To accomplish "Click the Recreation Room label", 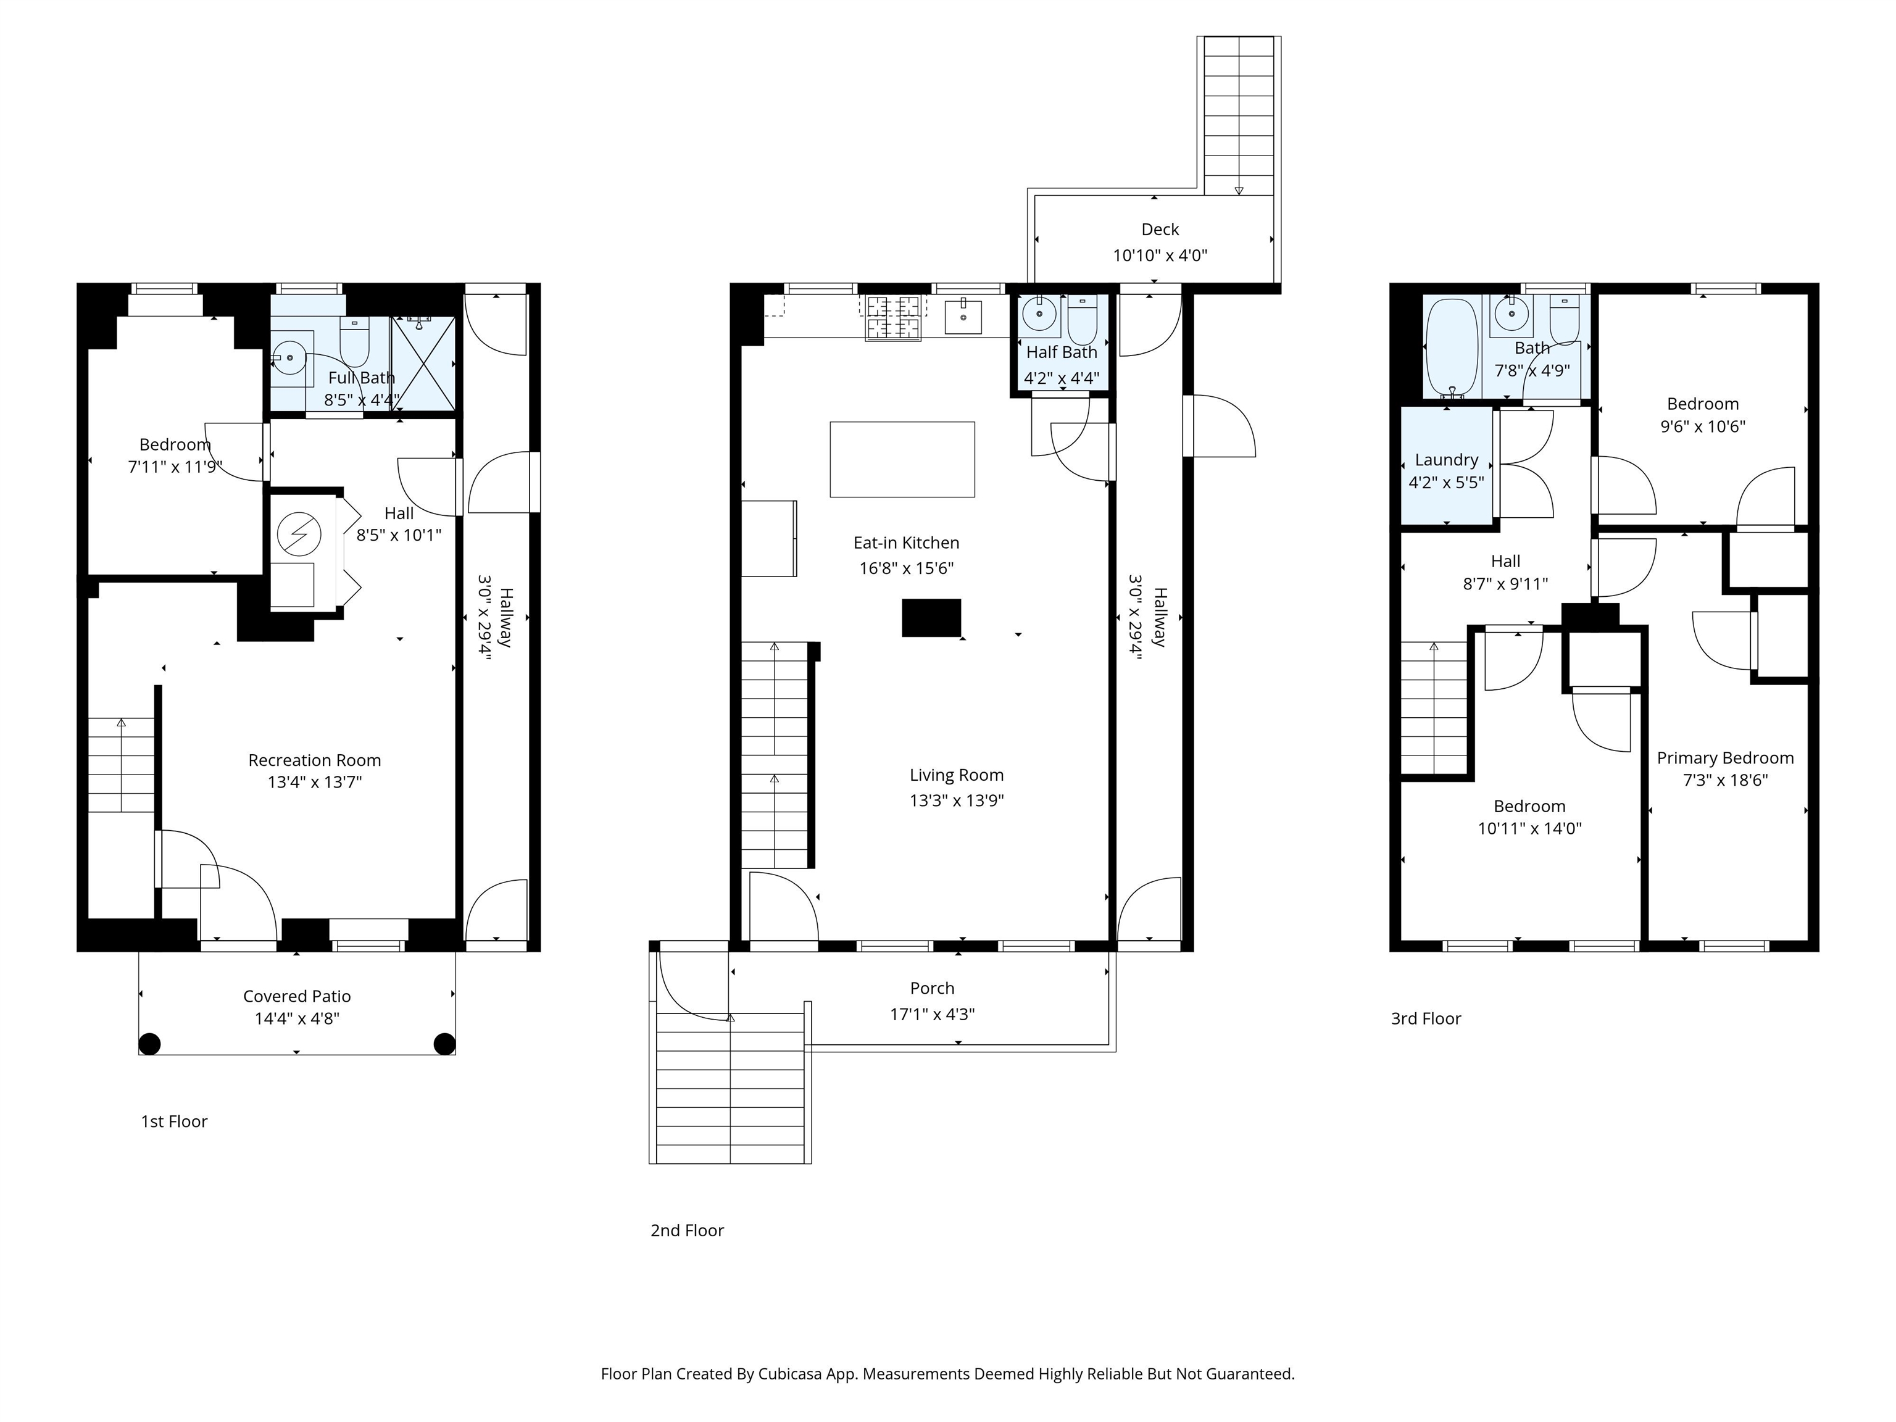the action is tap(315, 760).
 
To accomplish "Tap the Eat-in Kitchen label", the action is tap(906, 543).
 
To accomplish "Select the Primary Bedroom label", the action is tap(1724, 758).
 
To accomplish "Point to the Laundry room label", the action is tap(1446, 460).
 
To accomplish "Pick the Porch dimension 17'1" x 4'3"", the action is tap(933, 1014).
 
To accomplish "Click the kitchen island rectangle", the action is tap(902, 459).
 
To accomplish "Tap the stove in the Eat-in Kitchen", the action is tap(893, 317).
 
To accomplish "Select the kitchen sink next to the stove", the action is tap(963, 316).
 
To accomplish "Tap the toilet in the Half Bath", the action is tap(1082, 320).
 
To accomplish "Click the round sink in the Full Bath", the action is tap(289, 357).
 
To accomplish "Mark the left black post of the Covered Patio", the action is tap(150, 1044).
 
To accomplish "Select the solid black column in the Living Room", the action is tap(931, 618).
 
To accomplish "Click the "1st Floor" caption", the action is tap(174, 1122).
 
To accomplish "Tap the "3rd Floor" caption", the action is tap(1426, 1019).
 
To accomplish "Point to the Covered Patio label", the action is tap(297, 996).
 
